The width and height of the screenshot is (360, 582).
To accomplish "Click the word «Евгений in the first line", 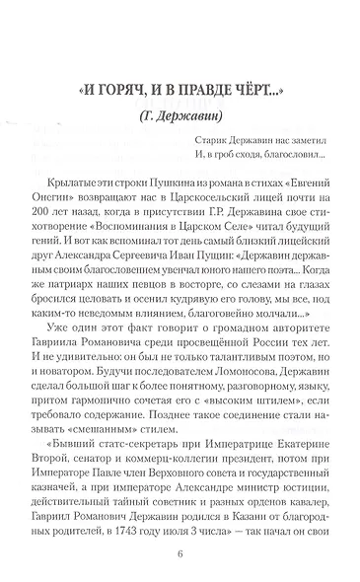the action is pos(294,183).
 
